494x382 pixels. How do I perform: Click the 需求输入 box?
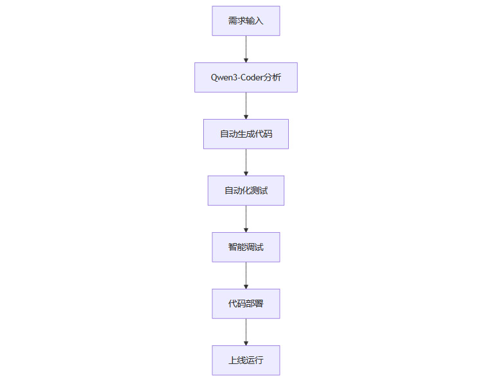[246, 21]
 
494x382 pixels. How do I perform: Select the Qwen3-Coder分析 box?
[246, 78]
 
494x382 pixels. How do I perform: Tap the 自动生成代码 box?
[246, 134]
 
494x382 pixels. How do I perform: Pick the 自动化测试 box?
[246, 191]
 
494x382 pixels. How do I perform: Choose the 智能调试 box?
[246, 248]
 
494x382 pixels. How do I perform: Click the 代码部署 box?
[246, 304]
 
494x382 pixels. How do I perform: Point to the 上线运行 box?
[246, 361]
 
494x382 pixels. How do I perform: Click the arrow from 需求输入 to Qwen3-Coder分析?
[246, 49]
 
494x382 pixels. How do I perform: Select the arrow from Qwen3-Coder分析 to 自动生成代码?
[246, 105]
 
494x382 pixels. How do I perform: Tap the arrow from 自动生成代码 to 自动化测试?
[246, 162]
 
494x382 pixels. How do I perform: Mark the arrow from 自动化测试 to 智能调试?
[246, 219]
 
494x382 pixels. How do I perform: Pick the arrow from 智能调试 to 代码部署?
[246, 275]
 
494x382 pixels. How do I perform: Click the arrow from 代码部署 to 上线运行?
[246, 332]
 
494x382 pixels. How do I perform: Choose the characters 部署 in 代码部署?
[255, 304]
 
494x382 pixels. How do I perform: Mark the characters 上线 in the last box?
[237, 361]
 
